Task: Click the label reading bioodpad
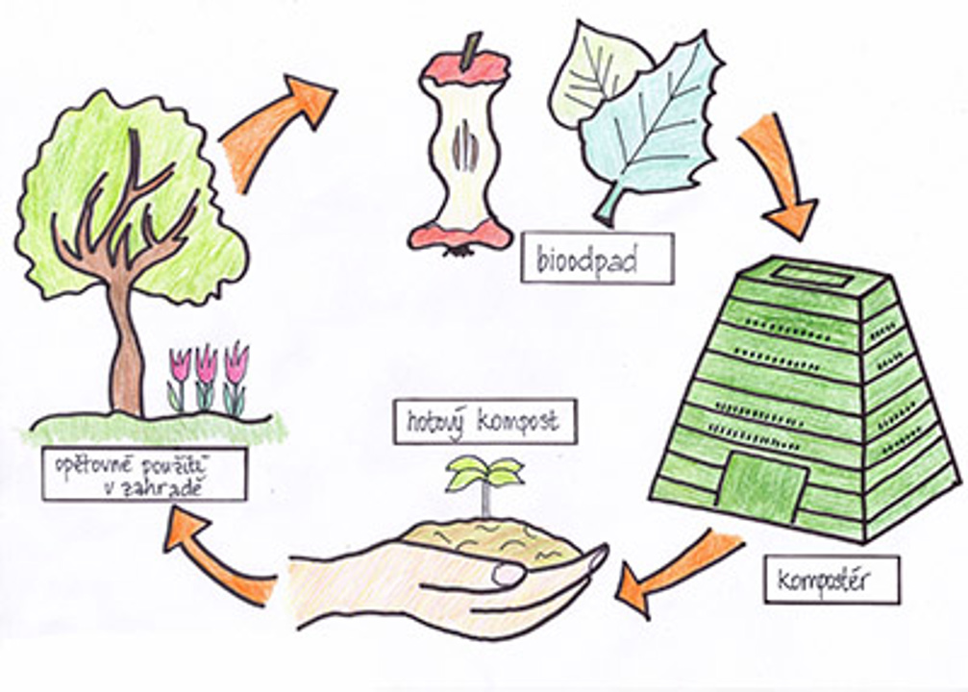click(597, 259)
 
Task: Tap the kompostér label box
click(832, 579)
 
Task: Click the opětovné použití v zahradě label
click(144, 474)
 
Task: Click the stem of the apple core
click(470, 51)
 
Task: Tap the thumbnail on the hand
click(509, 574)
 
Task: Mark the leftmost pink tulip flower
click(180, 365)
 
